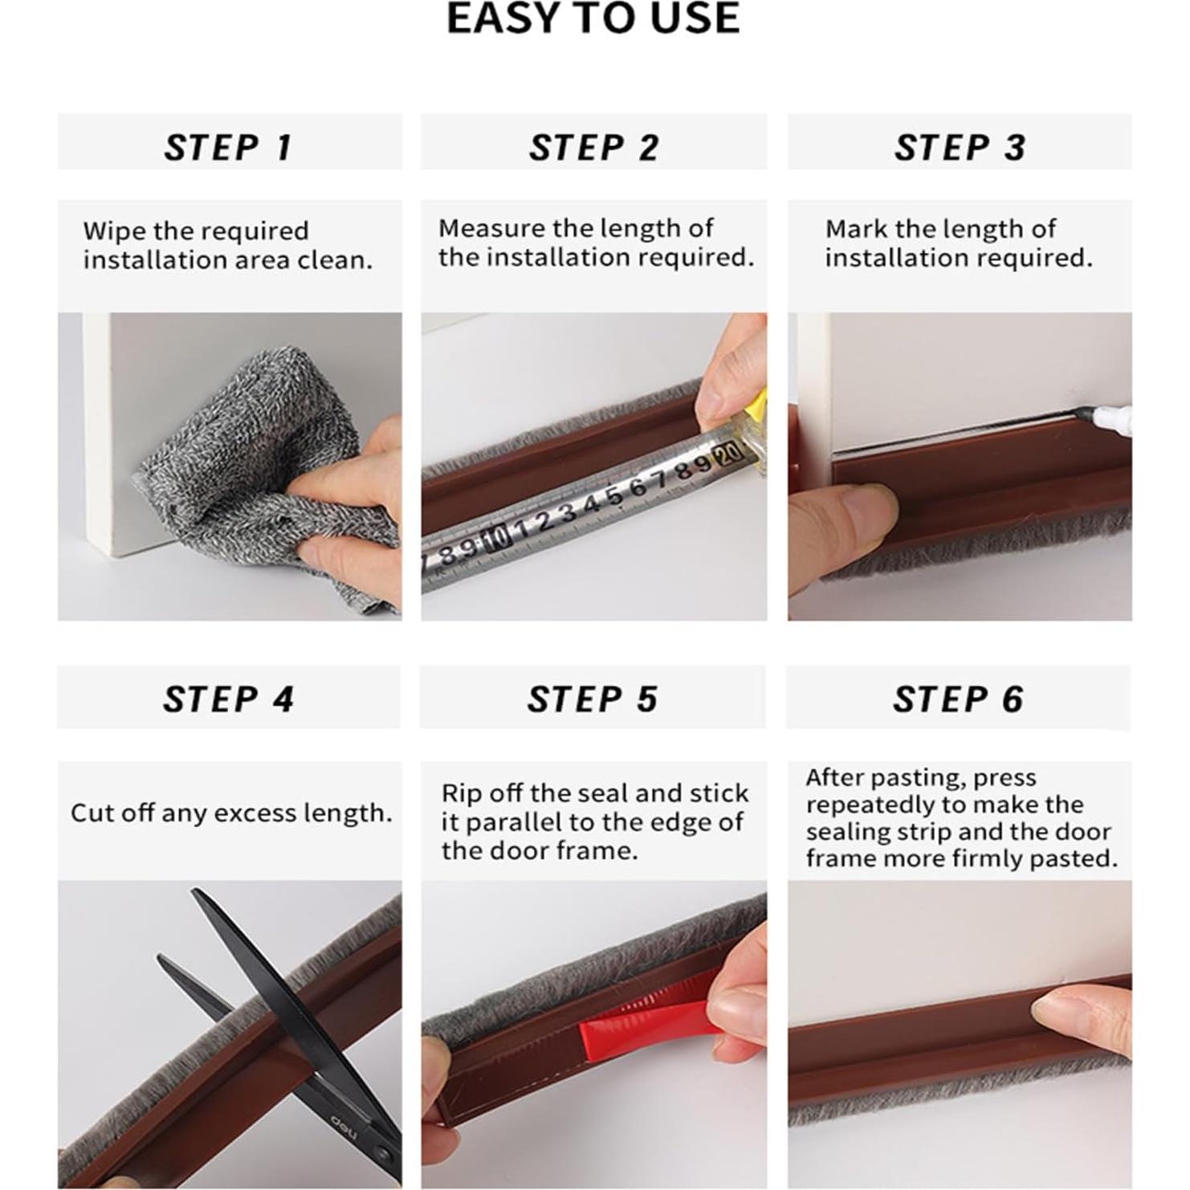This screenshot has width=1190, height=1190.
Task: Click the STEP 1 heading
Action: click(229, 148)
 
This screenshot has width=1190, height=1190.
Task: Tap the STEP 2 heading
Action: click(594, 148)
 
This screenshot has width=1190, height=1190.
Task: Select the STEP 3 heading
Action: click(960, 148)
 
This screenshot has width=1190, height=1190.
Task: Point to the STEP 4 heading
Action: click(229, 699)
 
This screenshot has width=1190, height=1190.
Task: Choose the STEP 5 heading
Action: click(593, 699)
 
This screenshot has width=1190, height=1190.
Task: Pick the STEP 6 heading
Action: click(959, 699)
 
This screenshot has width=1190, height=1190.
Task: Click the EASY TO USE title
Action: click(593, 18)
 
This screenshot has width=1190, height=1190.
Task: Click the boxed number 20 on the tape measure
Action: click(728, 454)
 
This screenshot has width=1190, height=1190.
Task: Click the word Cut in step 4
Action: click(92, 813)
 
